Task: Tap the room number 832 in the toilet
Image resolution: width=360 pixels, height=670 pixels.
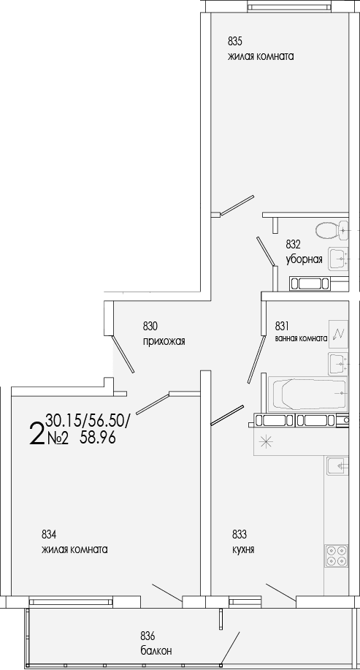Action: point(294,245)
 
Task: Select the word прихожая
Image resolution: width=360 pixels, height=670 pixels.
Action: point(164,340)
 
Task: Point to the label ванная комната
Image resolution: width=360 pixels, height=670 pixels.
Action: point(301,339)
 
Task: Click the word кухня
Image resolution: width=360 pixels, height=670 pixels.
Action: point(243,549)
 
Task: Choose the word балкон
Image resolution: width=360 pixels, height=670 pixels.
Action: point(157,650)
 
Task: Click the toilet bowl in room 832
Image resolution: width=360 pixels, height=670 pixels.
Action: point(333,231)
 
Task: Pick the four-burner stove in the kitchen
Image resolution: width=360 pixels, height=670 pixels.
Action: point(337,556)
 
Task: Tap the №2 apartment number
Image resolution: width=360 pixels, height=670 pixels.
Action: point(57,438)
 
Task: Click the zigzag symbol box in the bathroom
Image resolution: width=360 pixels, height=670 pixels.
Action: point(338,334)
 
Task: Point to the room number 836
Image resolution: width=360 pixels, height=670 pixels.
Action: point(148,635)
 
